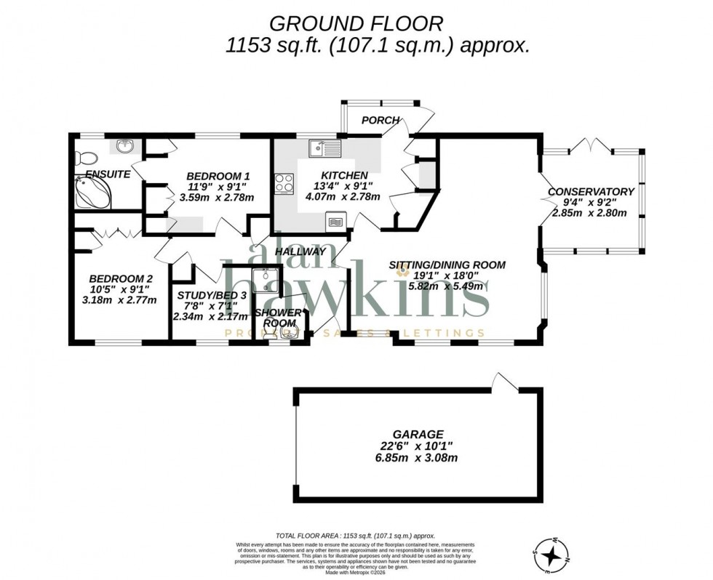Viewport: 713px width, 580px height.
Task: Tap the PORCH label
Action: click(x=380, y=120)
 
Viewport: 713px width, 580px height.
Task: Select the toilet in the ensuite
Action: click(x=84, y=156)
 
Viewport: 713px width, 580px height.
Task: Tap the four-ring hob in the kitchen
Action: click(x=284, y=185)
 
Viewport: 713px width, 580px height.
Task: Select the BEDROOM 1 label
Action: click(x=218, y=176)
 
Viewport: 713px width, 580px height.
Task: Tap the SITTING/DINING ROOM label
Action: click(x=447, y=265)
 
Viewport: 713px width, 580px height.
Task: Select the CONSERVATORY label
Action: click(x=591, y=192)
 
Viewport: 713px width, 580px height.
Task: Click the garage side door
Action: click(x=503, y=381)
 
